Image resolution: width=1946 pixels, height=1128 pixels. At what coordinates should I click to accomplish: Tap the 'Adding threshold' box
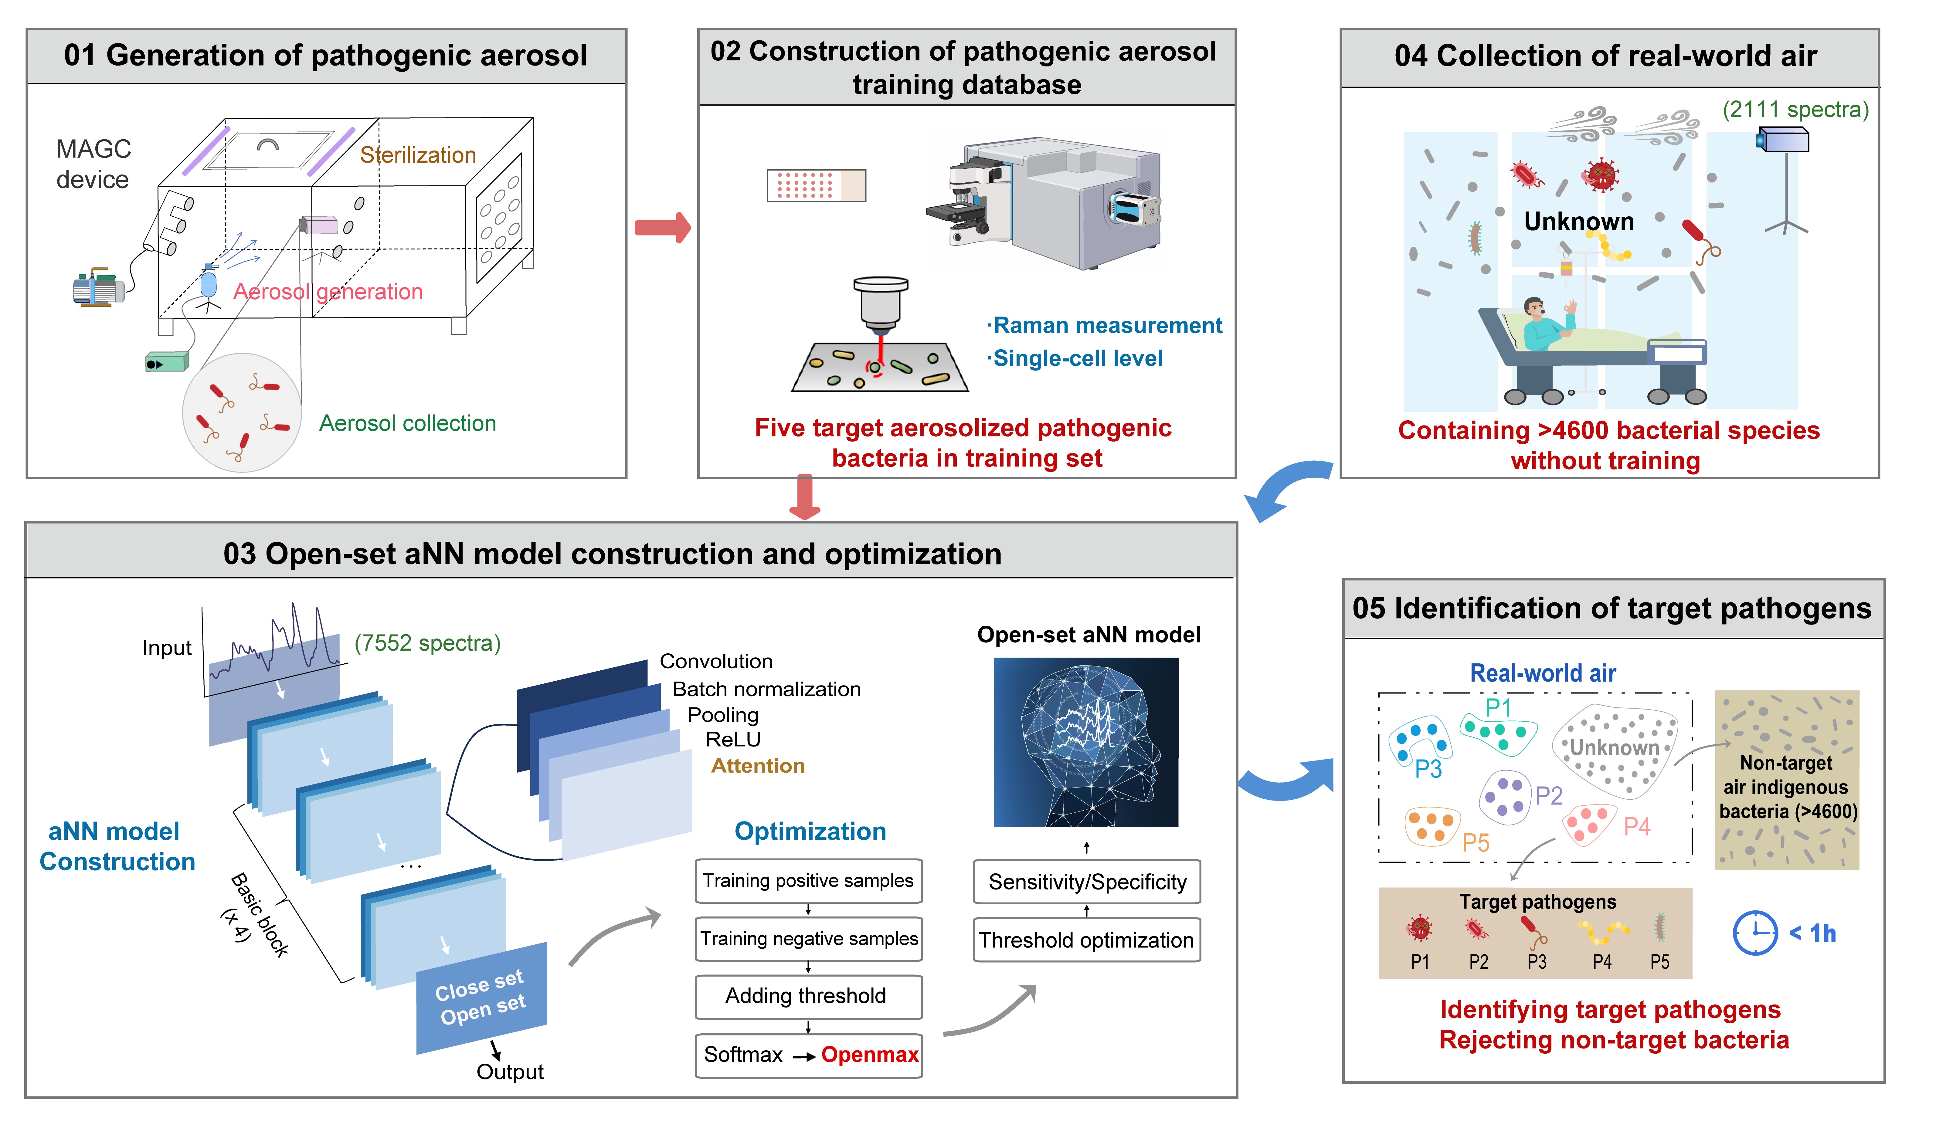point(808,996)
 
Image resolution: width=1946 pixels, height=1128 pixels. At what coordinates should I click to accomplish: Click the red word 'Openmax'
point(870,1055)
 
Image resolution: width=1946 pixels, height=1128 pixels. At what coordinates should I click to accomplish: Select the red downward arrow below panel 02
point(805,496)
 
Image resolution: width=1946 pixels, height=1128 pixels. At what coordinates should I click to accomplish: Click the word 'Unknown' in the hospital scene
point(1578,222)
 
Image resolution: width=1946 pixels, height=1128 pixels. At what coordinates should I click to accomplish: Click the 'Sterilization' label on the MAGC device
point(418,155)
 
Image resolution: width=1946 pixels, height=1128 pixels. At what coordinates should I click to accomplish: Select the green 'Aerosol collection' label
point(408,423)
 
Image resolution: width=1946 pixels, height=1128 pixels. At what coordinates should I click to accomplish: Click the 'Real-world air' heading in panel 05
point(1542,673)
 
